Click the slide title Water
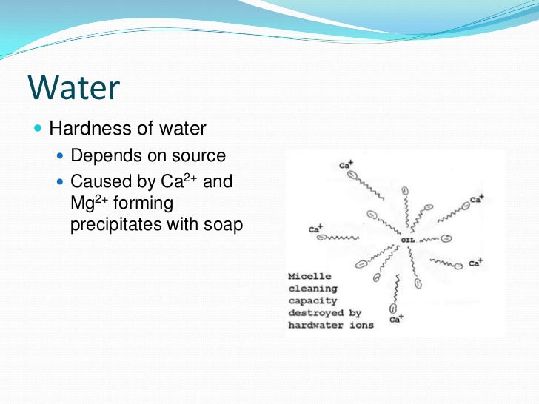point(73,88)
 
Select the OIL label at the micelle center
point(407,240)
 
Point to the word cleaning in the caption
point(312,289)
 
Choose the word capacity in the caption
point(312,301)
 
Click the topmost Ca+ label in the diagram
point(345,166)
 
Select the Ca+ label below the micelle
point(395,320)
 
